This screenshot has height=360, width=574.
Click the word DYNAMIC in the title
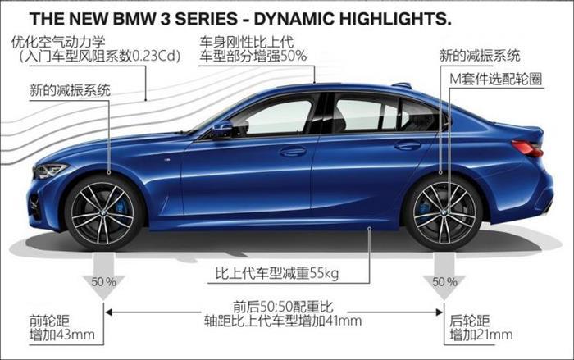294,19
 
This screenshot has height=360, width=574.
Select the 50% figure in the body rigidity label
294,56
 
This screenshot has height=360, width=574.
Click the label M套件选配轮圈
495,79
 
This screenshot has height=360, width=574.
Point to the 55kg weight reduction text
325,273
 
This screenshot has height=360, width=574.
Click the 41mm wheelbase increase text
344,321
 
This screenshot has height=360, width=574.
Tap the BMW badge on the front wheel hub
102,212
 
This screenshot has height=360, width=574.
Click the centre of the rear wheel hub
444,212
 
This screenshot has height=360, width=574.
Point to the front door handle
293,151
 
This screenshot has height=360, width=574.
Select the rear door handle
408,145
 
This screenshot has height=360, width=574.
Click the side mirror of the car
222,130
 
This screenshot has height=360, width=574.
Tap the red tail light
527,148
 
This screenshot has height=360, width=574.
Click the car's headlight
49,171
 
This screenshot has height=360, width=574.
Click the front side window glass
273,117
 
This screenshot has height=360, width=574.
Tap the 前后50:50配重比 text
284,306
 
